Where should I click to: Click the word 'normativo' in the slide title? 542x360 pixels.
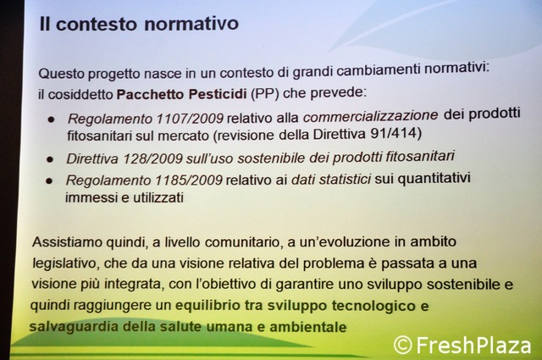[191, 24]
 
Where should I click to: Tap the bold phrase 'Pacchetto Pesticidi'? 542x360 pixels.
[181, 94]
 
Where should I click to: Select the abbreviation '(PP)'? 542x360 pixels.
[265, 94]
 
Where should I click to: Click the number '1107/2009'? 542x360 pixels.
[190, 119]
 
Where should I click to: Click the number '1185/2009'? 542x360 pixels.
[189, 180]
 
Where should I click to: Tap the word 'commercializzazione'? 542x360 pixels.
[371, 116]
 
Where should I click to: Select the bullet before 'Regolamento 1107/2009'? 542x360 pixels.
[52, 119]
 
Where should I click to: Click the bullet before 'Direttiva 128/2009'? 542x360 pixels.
[50, 159]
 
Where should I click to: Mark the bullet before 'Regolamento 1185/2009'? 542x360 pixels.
[49, 181]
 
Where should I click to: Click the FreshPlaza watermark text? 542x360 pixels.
[473, 345]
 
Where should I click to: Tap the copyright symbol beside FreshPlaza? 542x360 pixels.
[403, 345]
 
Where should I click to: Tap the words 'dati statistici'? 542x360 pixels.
[331, 179]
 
